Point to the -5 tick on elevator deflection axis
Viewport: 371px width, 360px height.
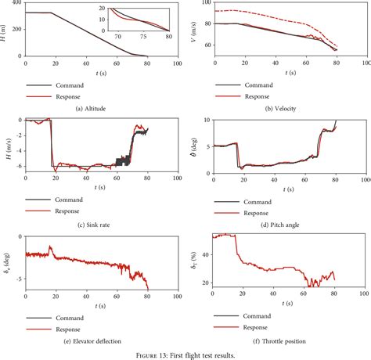[19, 278]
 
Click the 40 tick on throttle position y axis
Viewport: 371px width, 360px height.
[206, 255]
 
